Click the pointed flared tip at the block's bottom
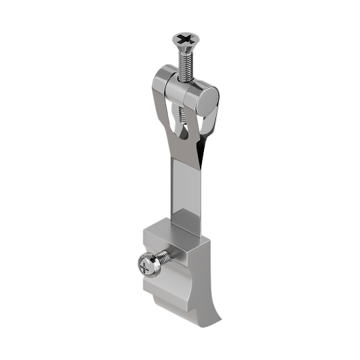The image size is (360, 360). [217, 323]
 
